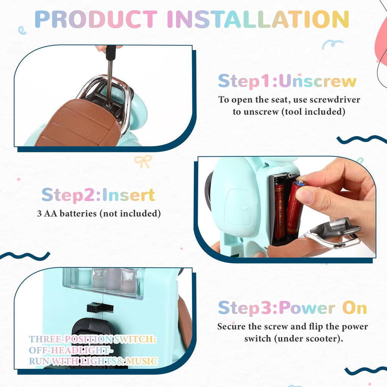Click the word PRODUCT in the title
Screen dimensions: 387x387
[x=96, y=19]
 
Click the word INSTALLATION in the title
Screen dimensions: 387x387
[x=258, y=19]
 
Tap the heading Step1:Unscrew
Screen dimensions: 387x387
[x=287, y=81]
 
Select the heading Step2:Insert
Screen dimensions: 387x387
[x=99, y=195]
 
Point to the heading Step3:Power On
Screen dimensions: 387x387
[x=293, y=308]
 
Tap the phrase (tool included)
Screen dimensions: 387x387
[x=313, y=111]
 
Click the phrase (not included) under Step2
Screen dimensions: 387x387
[x=130, y=213]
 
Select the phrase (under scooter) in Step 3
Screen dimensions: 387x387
[x=308, y=338]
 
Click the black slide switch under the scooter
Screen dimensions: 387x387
[x=100, y=307]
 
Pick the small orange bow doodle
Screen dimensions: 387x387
[x=143, y=161]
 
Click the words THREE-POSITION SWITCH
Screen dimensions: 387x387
[x=93, y=339]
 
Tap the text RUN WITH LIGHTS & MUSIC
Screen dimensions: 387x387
[x=93, y=361]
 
